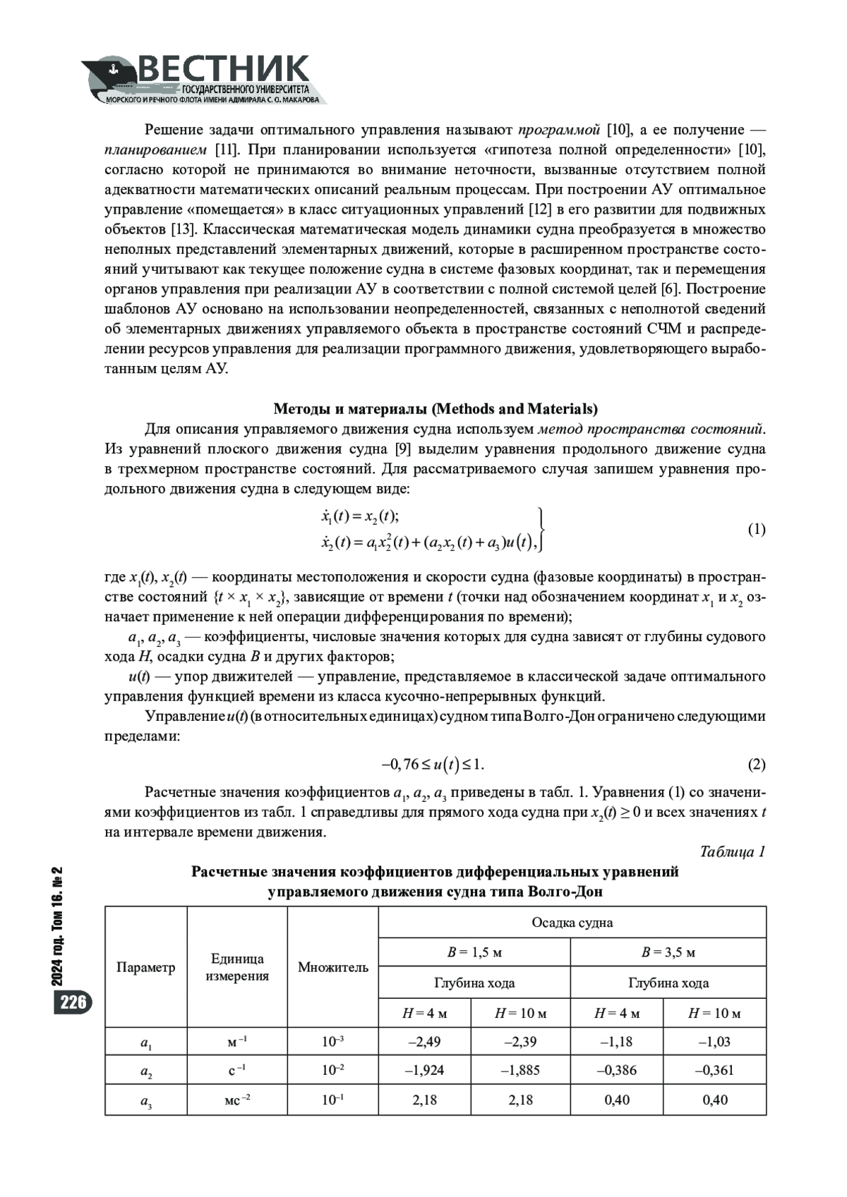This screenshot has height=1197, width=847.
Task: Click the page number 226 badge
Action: point(72,1002)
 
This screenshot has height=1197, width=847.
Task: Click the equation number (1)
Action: point(756,530)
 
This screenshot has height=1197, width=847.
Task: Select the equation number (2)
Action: point(756,765)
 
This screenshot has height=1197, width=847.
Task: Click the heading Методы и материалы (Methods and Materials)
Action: point(435,409)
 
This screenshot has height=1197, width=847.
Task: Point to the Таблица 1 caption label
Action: point(732,851)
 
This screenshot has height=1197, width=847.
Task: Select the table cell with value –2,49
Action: point(424,1041)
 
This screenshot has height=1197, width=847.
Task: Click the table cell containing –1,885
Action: point(520,1070)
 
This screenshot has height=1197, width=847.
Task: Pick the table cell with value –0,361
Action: point(714,1070)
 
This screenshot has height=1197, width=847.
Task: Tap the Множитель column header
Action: point(332,967)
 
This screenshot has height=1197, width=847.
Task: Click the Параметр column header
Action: point(145,967)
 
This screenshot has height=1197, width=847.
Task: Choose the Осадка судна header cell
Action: point(572,923)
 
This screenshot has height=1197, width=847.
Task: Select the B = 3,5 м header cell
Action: point(668,952)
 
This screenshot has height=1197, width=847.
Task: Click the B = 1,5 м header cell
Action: point(474,952)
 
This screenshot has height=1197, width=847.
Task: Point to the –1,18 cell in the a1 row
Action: point(616,1041)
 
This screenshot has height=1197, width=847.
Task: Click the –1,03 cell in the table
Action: point(714,1041)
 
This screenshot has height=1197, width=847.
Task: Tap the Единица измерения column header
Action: point(237,967)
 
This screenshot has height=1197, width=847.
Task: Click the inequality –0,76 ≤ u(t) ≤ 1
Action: point(433,765)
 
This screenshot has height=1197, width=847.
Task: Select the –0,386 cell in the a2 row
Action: point(616,1070)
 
